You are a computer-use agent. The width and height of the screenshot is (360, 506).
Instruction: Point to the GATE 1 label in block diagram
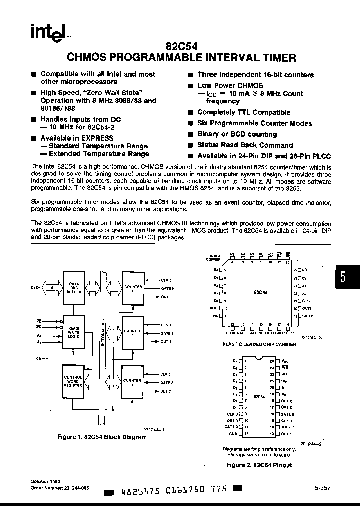pyautogui.click(x=167, y=333)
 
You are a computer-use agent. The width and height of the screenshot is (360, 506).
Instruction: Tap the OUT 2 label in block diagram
pyautogui.click(x=166, y=391)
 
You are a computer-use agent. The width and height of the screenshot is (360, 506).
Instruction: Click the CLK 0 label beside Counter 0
pyautogui.click(x=166, y=280)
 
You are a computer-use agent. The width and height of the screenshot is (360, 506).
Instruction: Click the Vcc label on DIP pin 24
pyautogui.click(x=285, y=360)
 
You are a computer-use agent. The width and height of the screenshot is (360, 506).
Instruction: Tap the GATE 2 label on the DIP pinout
pyautogui.click(x=287, y=414)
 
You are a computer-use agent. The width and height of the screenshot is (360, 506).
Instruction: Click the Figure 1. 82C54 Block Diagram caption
pyautogui.click(x=102, y=437)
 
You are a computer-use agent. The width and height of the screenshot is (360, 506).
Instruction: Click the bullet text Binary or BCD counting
pyautogui.click(x=237, y=134)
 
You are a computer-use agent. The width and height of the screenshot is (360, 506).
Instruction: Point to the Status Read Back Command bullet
pyautogui.click(x=245, y=145)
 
